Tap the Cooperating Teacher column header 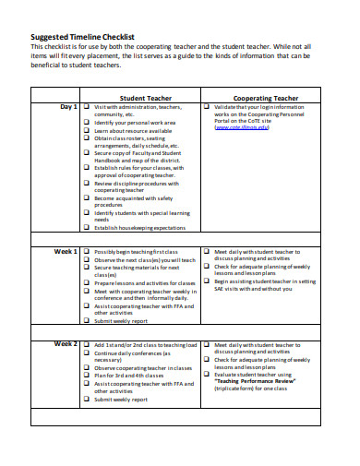[x=265, y=97]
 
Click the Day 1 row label [x=68, y=107]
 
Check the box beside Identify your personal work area [x=86, y=123]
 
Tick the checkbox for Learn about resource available [x=86, y=131]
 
